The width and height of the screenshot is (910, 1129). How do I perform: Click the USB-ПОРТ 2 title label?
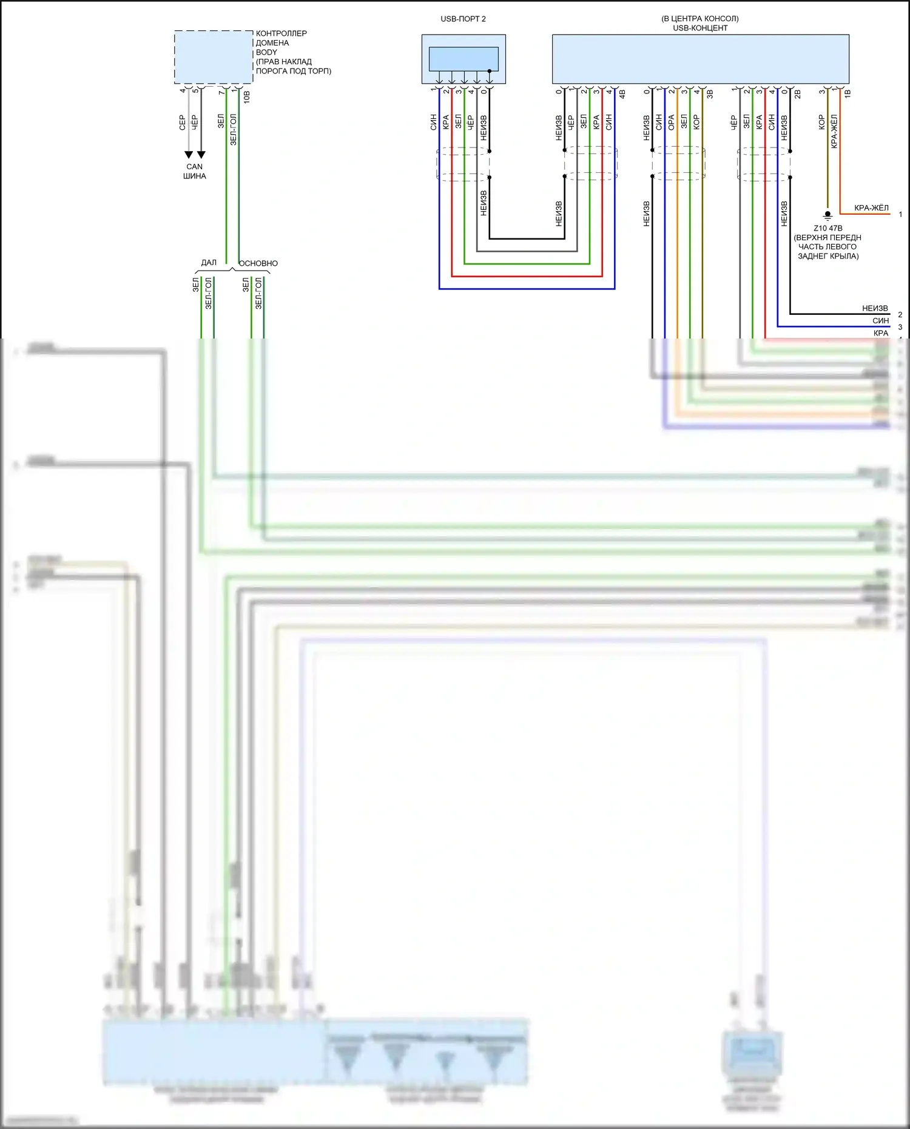click(463, 19)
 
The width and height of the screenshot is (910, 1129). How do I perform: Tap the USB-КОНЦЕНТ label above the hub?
click(700, 28)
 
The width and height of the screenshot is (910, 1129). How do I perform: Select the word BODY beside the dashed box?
click(266, 52)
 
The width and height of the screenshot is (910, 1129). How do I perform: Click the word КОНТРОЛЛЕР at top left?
click(281, 33)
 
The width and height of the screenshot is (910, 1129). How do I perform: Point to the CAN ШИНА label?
click(195, 171)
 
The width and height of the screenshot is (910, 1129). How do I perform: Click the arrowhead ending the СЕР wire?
click(189, 155)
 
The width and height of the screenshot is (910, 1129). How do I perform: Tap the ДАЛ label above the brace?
click(209, 263)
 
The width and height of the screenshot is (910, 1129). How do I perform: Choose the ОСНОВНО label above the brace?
click(258, 263)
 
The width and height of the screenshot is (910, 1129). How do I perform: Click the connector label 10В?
click(246, 96)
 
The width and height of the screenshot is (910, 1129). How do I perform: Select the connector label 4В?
click(622, 94)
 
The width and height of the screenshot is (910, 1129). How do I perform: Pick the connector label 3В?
click(710, 94)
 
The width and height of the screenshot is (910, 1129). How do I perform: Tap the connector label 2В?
click(798, 94)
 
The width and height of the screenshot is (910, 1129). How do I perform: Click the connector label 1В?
click(848, 93)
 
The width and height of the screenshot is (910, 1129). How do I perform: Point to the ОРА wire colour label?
click(671, 123)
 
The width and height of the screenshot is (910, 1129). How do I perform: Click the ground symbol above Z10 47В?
click(827, 215)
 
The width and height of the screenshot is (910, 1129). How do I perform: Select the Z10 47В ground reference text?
click(827, 228)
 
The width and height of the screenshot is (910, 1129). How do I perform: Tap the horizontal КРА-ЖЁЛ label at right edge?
click(871, 208)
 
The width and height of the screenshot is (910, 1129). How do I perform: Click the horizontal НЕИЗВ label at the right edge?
click(875, 308)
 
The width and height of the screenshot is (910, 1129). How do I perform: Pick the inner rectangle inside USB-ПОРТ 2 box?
click(463, 59)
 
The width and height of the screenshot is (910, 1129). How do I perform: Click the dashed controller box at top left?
click(214, 57)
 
